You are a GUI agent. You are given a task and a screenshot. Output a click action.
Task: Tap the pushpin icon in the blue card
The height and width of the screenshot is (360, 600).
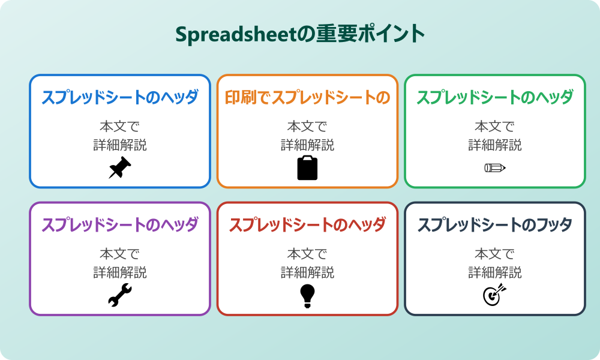pos(120,167)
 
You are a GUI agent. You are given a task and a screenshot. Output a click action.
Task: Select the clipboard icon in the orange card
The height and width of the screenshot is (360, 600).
pos(307,167)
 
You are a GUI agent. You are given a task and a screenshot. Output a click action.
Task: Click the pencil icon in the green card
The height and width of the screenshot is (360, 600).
pos(495,167)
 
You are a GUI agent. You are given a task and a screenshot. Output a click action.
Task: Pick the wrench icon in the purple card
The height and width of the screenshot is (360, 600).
pos(120,295)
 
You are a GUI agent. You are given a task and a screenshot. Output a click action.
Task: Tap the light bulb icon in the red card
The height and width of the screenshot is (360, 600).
pos(307,295)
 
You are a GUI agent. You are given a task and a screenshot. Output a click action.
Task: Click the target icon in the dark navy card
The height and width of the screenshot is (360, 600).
pos(495,295)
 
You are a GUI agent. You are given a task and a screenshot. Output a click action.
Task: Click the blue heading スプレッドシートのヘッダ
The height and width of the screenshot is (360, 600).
pos(120,97)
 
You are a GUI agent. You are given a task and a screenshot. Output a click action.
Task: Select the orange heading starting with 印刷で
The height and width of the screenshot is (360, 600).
pos(307,97)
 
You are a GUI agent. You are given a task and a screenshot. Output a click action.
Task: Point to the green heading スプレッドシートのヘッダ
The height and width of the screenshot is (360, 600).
pos(495,97)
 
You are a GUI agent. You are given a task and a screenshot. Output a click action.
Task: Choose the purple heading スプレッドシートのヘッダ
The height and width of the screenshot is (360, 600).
pos(120,225)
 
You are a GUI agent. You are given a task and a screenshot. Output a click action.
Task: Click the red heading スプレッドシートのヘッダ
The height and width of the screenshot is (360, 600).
pos(307,225)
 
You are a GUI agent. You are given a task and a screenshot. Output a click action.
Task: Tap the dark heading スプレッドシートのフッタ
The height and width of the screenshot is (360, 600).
pos(495,225)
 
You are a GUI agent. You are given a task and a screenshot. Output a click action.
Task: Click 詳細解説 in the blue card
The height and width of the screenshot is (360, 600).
pos(120,145)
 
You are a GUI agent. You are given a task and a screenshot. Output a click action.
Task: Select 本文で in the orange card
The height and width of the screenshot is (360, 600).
pos(307,127)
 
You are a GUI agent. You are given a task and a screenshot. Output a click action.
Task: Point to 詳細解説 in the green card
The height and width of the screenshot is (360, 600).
pos(495,145)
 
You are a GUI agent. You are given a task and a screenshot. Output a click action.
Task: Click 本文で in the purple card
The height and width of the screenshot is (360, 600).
pos(120,254)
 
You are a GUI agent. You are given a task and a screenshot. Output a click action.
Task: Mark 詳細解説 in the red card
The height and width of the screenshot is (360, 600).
pos(307,272)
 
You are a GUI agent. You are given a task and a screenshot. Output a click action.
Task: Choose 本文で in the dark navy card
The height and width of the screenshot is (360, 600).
pos(495,254)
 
